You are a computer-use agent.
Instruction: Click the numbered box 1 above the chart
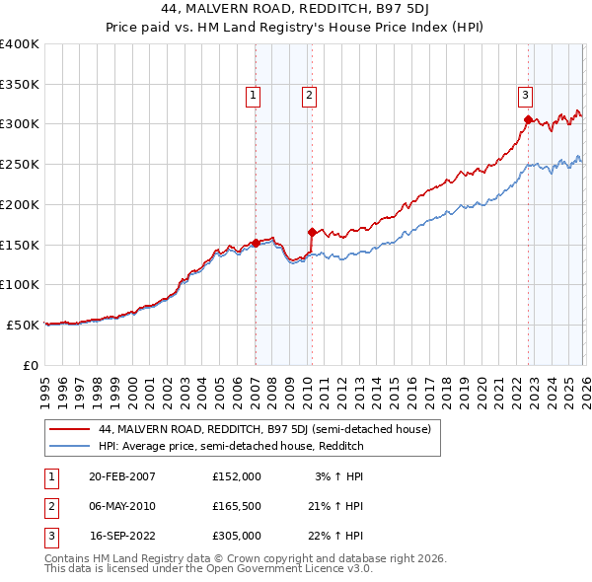pyautogui.click(x=254, y=96)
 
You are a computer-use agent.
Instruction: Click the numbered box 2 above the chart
pyautogui.click(x=309, y=96)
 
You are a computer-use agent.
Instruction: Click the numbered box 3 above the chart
pyautogui.click(x=526, y=96)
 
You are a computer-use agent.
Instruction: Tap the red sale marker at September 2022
pyautogui.click(x=528, y=120)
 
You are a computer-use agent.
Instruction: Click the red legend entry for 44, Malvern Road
pyautogui.click(x=264, y=429)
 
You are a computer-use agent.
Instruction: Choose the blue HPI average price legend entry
pyautogui.click(x=231, y=446)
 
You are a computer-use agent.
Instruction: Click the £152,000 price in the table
pyautogui.click(x=237, y=475)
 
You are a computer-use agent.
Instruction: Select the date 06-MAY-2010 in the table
pyautogui.click(x=122, y=506)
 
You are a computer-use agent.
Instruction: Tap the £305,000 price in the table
pyautogui.click(x=237, y=537)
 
